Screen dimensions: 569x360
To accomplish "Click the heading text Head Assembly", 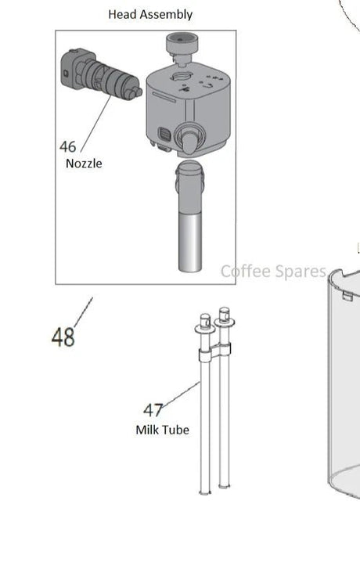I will pyautogui.click(x=150, y=14).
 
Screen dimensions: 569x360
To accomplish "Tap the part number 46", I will pyautogui.click(x=68, y=146).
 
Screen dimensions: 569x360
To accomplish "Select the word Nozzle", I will pyautogui.click(x=84, y=164).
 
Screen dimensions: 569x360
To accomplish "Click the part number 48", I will pyautogui.click(x=63, y=337).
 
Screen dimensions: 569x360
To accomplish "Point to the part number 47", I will pyautogui.click(x=153, y=410).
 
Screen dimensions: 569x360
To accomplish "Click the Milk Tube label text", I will pyautogui.click(x=162, y=430).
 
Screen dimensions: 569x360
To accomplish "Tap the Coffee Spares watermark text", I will pyautogui.click(x=273, y=272).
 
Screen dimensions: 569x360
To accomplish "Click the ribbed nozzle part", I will pyautogui.click(x=109, y=77).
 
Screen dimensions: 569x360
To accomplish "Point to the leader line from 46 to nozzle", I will pyautogui.click(x=95, y=121).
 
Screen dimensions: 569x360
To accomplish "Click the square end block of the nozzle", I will pyautogui.click(x=68, y=67).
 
